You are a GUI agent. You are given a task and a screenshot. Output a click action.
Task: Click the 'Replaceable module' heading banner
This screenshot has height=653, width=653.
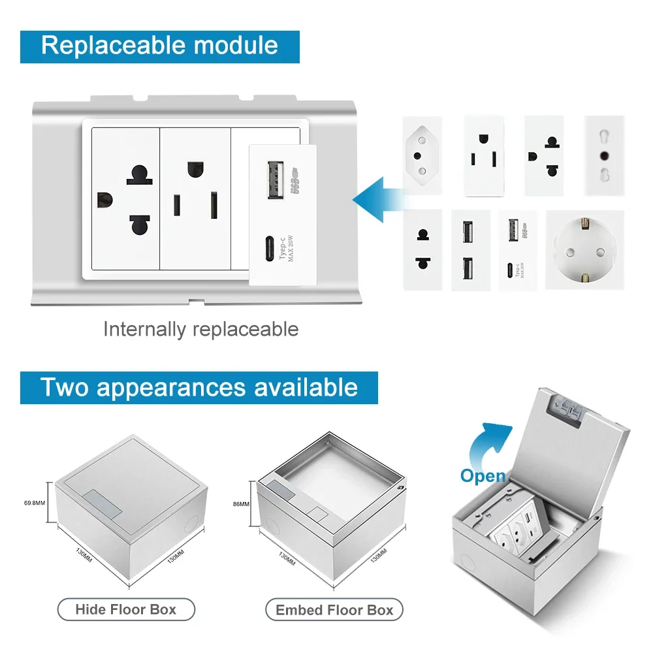tap(160, 46)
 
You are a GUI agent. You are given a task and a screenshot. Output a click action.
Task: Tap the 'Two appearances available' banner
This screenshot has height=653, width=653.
tap(199, 387)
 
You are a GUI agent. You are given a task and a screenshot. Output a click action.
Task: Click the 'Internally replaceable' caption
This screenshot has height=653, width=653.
tap(200, 329)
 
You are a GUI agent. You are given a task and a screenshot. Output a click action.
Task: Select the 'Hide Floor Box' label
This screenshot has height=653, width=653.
tap(126, 609)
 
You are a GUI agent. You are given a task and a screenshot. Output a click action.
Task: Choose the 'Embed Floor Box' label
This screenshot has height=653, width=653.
tap(334, 610)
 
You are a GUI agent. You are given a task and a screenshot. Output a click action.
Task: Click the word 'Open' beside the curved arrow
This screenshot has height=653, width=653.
tap(483, 475)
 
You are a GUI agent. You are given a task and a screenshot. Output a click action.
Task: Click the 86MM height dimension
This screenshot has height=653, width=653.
tap(240, 503)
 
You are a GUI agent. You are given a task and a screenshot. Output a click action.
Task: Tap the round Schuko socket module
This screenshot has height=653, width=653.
tap(584, 250)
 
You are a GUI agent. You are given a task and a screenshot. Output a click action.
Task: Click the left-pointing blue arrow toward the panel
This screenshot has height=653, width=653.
tap(377, 196)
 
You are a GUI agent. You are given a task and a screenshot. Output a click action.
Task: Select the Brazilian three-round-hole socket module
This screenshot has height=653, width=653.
tap(422, 155)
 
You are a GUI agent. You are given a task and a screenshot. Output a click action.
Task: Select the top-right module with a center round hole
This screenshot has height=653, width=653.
tap(604, 155)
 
